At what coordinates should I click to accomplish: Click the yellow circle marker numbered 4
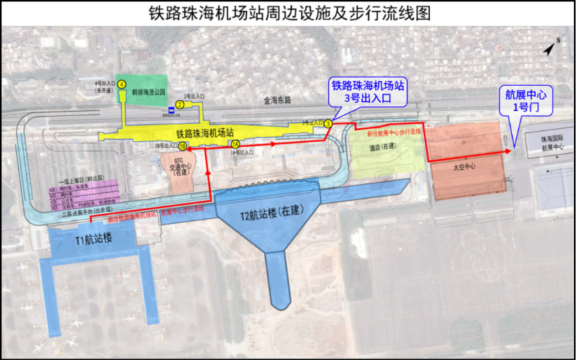pos(122,84)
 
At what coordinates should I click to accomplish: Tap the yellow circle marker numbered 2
pos(179,104)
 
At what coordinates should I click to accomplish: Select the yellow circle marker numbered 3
pos(328,124)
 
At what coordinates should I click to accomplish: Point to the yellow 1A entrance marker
pos(235,145)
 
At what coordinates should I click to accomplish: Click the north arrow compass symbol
pos(549,48)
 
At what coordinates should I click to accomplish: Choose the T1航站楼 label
pos(92,239)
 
